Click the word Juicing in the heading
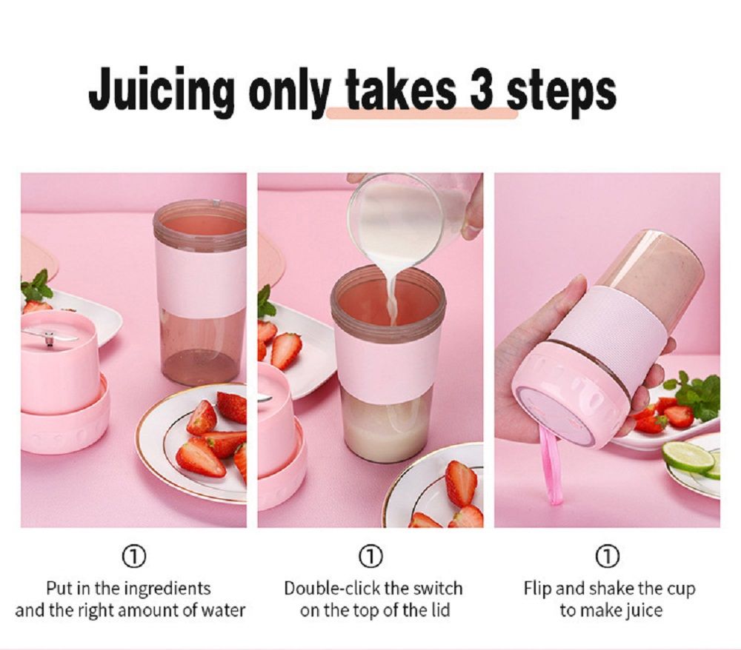[x=161, y=90]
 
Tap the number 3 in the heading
[x=482, y=89]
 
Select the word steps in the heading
[x=561, y=92]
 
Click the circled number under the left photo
[x=133, y=557]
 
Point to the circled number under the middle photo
[x=371, y=557]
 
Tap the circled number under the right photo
[x=608, y=557]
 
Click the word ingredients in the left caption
[x=167, y=589]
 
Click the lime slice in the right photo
[x=688, y=456]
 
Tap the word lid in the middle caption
[x=440, y=611]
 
